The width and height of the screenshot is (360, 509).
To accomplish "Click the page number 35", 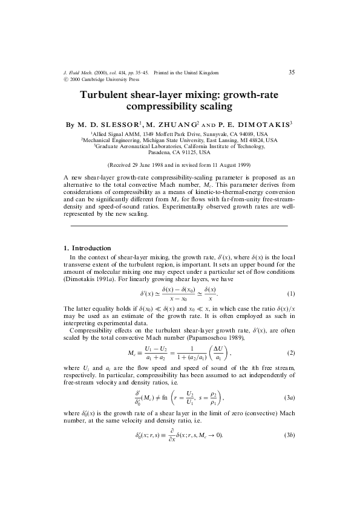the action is point(292,72).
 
